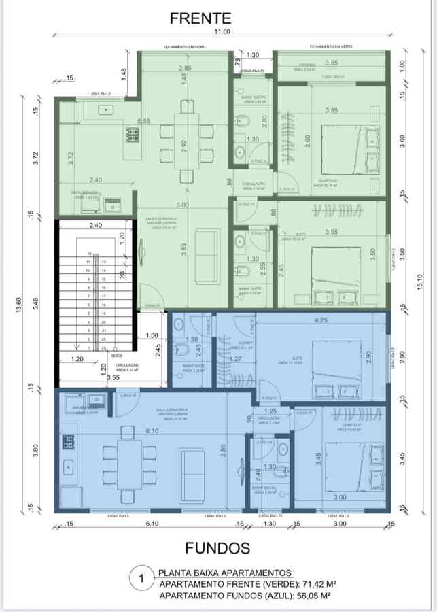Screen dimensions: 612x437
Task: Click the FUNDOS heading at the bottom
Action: (217, 547)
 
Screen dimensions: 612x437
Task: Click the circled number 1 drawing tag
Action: (141, 580)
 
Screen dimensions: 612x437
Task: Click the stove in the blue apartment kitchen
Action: (69, 442)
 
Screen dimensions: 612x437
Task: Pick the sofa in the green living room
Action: (207, 244)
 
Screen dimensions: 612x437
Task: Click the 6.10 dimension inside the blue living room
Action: (153, 431)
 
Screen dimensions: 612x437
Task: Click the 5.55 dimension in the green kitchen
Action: (143, 121)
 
